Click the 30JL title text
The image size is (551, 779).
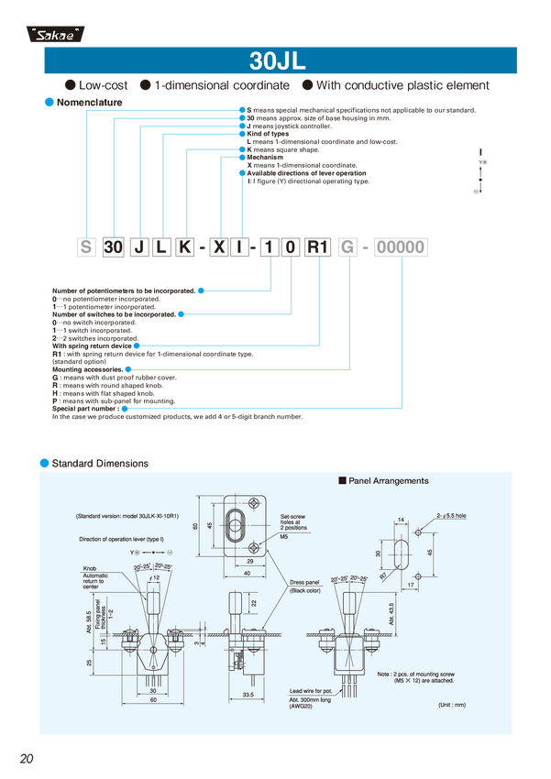tap(277, 61)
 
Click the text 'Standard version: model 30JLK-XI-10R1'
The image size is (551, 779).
tap(127, 517)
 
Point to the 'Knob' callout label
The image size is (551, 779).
tap(89, 569)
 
